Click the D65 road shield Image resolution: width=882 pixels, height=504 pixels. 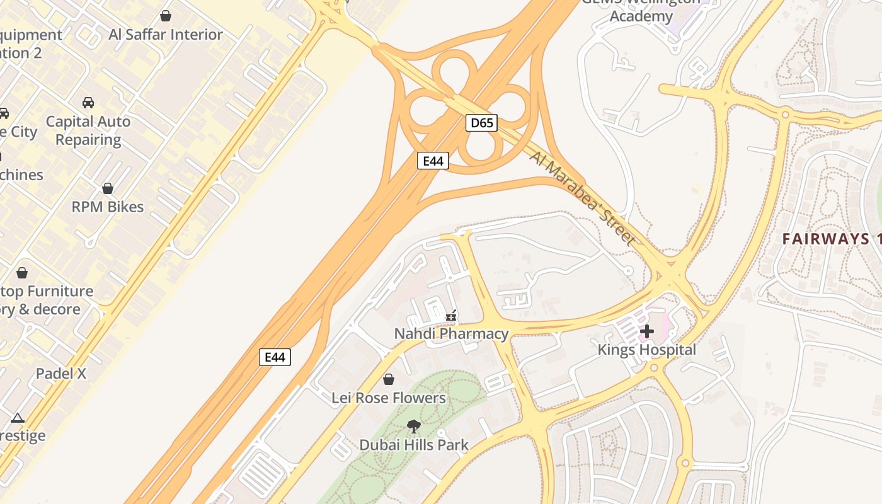[x=482, y=122]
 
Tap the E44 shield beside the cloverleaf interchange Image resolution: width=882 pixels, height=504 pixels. [x=433, y=161]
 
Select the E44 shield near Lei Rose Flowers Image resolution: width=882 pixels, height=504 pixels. [x=275, y=357]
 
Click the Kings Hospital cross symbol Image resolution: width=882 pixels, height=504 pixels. [x=646, y=331]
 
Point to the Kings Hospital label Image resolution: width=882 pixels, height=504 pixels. [x=646, y=350]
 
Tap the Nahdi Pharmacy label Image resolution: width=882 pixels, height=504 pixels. [x=451, y=334]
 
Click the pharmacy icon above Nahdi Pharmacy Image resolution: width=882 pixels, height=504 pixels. [x=451, y=316]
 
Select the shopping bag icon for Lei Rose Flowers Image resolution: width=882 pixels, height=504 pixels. [x=389, y=379]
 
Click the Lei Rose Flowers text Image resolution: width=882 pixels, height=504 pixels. [x=389, y=398]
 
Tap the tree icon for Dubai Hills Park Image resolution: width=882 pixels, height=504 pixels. [x=413, y=427]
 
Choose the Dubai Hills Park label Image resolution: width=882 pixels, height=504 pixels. [x=413, y=445]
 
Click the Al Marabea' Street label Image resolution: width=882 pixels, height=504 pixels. [x=583, y=197]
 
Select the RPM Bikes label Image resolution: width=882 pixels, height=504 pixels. [x=108, y=207]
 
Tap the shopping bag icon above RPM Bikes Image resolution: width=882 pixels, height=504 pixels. [x=108, y=188]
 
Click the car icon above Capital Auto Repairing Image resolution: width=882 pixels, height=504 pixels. [x=88, y=103]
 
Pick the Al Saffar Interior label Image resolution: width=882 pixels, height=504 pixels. [x=166, y=34]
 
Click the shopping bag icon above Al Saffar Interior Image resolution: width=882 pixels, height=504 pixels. [x=166, y=15]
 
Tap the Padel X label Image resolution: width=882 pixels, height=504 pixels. [x=61, y=373]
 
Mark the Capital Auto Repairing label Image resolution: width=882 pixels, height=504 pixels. [x=88, y=130]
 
